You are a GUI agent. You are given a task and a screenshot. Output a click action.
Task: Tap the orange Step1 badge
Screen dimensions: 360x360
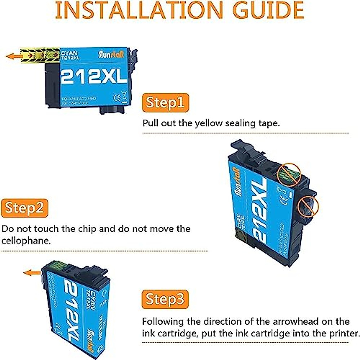[x=165, y=103]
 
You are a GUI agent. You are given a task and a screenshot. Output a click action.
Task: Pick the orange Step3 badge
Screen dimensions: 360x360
[x=165, y=299]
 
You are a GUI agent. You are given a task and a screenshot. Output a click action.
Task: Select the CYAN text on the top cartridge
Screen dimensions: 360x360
[x=69, y=53]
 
